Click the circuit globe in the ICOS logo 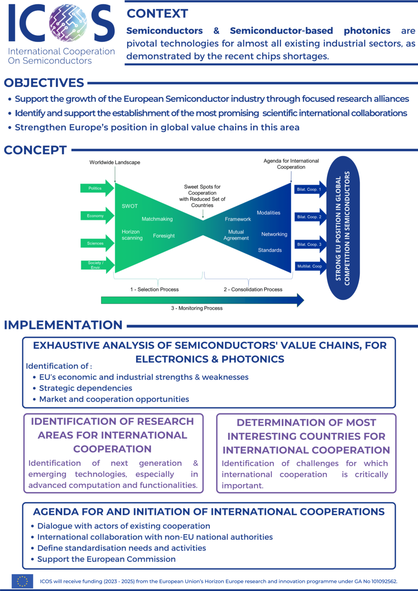coord(68,23)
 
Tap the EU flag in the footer coord(22,581)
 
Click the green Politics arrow coord(97,188)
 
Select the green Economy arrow coord(97,216)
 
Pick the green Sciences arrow coord(97,243)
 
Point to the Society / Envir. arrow coord(97,265)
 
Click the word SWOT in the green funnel coord(130,206)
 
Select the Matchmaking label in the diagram coord(157,219)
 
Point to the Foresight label coord(164,236)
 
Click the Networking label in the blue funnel coord(274,234)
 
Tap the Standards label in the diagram coord(270,250)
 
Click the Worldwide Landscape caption coord(115,162)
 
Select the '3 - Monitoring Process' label coord(197,308)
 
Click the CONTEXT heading coord(157,13)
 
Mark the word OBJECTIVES coord(44,83)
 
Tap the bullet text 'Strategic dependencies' coord(85,388)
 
